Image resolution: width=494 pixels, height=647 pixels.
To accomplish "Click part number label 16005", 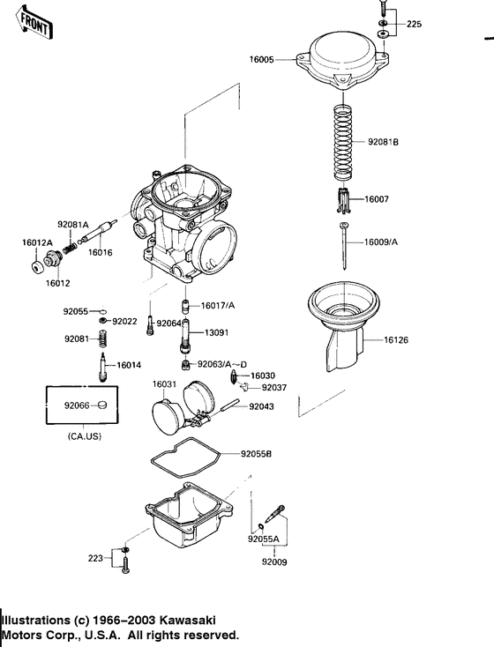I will (x=262, y=60).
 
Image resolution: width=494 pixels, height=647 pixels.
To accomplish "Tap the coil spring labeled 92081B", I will (x=339, y=141).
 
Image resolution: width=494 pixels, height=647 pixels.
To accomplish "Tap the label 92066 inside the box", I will (x=77, y=405).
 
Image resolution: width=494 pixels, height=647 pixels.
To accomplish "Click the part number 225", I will (x=413, y=25).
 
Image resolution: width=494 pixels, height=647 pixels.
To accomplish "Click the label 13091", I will (x=217, y=334).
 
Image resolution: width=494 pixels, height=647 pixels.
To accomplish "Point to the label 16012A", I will (x=38, y=242).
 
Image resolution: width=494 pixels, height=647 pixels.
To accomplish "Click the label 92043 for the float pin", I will (x=262, y=406).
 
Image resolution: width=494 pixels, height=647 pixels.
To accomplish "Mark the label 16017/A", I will (x=219, y=305).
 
